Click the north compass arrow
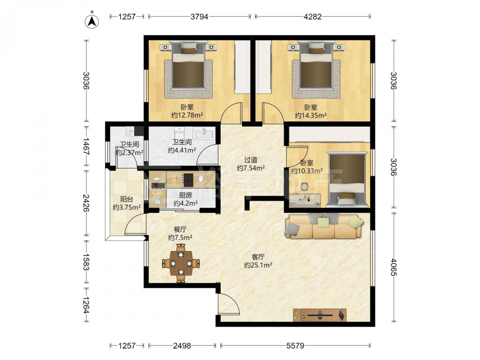click(x=92, y=21)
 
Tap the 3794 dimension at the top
click(x=199, y=16)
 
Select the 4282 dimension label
click(x=312, y=16)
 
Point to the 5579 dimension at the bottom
click(x=295, y=346)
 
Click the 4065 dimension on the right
click(x=394, y=267)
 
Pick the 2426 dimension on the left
click(x=86, y=203)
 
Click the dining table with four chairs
click(x=181, y=263)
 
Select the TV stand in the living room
click(x=320, y=315)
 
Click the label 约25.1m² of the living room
click(x=258, y=265)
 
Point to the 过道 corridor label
click(x=251, y=160)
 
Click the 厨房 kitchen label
click(x=185, y=195)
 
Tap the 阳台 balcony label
click(x=127, y=199)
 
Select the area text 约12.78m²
click(x=187, y=115)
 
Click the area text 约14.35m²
click(x=311, y=115)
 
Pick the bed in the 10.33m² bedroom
click(x=347, y=180)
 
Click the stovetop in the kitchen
click(x=188, y=180)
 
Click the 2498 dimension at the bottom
click(x=182, y=346)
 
